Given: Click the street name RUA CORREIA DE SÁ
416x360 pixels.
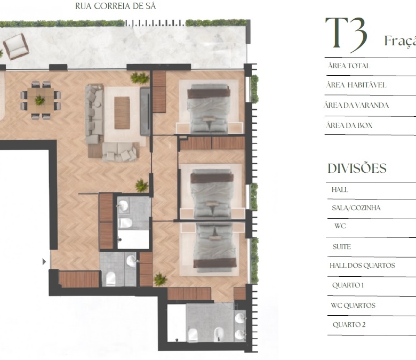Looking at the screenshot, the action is tap(115, 6).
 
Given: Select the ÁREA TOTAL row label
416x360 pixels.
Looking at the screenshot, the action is tap(349, 66).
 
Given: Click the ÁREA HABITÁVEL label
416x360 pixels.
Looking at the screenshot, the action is tap(356, 85).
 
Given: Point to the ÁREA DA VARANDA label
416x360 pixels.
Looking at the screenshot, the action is tap(356, 105).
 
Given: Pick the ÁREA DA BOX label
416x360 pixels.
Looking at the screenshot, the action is tap(349, 125).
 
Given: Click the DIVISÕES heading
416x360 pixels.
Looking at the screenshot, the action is tap(357, 168).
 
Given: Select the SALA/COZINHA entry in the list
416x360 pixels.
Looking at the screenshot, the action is tap(356, 207).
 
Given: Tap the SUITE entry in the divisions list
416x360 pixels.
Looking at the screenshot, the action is tap(342, 247).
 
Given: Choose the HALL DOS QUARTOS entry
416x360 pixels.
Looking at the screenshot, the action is tap(362, 265).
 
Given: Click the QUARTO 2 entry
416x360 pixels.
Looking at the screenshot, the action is tap(349, 324).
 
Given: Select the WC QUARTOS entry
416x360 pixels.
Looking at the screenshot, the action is tap(353, 306).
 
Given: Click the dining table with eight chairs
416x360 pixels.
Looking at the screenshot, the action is tap(41, 100).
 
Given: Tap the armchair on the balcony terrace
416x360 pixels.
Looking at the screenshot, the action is tap(16, 46).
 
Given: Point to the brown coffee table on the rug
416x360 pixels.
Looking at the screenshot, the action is tap(122, 113).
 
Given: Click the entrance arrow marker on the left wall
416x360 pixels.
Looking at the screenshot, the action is tap(44, 262).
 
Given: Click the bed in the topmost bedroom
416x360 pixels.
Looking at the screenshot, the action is tap(209, 108).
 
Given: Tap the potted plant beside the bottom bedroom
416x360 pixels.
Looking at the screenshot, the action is tap(160, 279).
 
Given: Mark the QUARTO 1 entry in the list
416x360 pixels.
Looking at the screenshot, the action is tap(348, 285).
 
